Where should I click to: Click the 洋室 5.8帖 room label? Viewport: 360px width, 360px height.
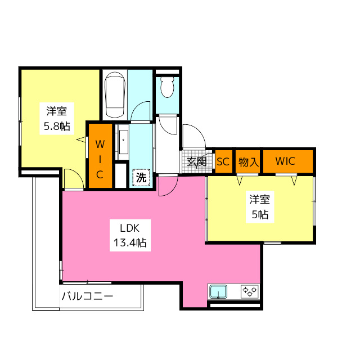coord(57,118)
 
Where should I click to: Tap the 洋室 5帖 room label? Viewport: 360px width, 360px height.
coord(259,206)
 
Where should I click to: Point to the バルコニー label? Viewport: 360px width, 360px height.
coord(87,296)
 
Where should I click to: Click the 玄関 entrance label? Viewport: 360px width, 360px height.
coord(196,162)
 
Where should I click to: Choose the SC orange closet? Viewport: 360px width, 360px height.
coord(223,161)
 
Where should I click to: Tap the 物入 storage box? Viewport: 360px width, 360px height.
coord(248,162)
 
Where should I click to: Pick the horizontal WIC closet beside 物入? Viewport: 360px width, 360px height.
coord(285,161)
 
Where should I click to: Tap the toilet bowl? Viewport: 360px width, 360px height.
coord(167,88)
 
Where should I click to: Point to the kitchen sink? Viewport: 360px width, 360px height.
coord(218,292)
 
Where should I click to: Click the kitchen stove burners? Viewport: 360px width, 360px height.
coord(249,292)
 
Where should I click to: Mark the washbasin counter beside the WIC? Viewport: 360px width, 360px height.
coord(123,143)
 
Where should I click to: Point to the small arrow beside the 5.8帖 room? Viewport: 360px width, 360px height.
coord(80,139)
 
